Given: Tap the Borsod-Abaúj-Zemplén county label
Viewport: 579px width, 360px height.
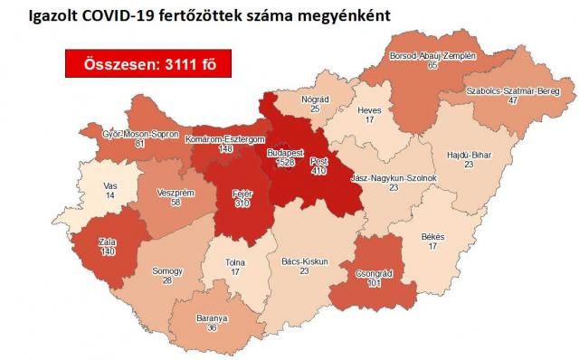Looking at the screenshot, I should [432, 55].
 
